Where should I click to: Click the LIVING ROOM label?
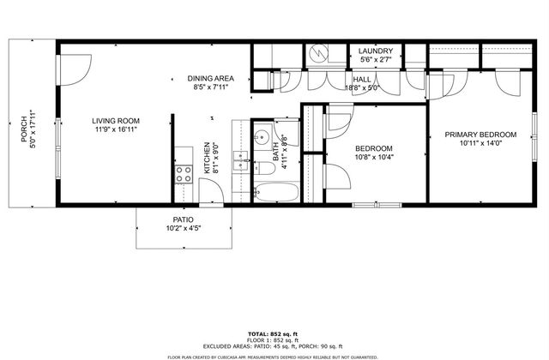pyautogui.click(x=115, y=120)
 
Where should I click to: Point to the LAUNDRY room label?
pyautogui.click(x=375, y=51)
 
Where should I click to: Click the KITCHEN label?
pyautogui.click(x=207, y=159)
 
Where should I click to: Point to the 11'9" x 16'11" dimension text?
pyautogui.click(x=115, y=129)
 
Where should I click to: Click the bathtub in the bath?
pyautogui.click(x=276, y=192)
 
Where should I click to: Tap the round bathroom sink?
pyautogui.click(x=263, y=138)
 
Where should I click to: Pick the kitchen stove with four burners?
pyautogui.click(x=184, y=176)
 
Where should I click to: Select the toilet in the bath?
pyautogui.click(x=261, y=165)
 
